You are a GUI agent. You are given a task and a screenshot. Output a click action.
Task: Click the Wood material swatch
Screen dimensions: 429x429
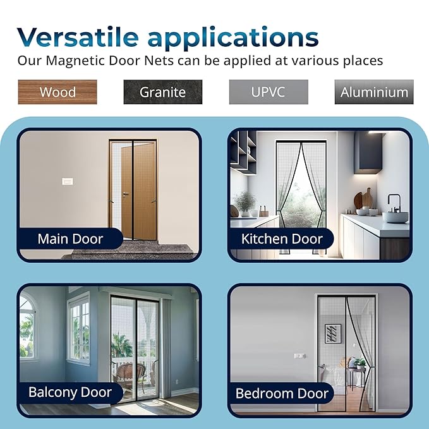57,92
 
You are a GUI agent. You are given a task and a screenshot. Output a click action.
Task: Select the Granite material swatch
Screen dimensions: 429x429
162,92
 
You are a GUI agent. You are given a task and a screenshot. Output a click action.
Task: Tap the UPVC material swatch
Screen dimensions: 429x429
269,92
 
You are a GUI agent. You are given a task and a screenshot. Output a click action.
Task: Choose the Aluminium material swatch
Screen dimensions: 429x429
374,92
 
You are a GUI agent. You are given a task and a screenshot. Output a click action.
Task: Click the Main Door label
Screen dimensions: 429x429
70,239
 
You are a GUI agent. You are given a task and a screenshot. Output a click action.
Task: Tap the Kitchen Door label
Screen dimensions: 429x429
282,239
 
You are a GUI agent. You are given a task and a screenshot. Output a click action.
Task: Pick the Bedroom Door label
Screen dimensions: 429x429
282,393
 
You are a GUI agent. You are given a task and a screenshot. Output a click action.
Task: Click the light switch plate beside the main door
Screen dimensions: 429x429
68,182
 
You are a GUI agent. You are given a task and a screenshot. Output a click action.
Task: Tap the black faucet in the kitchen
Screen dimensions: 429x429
394,204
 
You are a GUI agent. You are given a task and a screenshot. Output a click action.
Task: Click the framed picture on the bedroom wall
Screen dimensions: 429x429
333,333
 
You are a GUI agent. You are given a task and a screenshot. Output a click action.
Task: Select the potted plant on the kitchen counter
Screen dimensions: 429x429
245,203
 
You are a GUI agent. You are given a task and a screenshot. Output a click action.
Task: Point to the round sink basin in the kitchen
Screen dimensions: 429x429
396,217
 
